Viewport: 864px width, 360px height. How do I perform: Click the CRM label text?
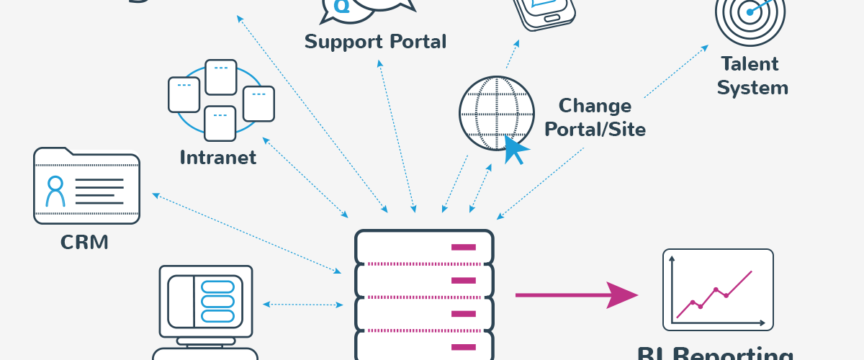point(84,242)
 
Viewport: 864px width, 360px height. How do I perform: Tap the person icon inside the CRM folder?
point(55,191)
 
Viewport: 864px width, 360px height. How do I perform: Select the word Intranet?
point(217,157)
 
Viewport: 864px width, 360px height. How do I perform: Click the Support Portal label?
point(375,41)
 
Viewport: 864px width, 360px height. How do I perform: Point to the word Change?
point(595,106)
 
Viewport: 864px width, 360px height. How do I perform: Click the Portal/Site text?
point(595,130)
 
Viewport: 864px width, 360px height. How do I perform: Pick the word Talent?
point(750,64)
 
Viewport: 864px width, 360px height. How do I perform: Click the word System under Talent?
point(752,89)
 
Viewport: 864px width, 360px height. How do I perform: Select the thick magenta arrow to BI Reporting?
point(576,294)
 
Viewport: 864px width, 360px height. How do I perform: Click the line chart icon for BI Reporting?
point(717,289)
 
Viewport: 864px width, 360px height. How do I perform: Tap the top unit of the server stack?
point(425,247)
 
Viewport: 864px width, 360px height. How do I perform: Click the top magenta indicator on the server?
point(463,247)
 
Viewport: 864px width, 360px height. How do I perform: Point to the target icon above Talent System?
point(750,12)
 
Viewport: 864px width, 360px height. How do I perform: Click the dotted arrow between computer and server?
point(302,305)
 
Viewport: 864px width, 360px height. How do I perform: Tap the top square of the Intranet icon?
point(221,77)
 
